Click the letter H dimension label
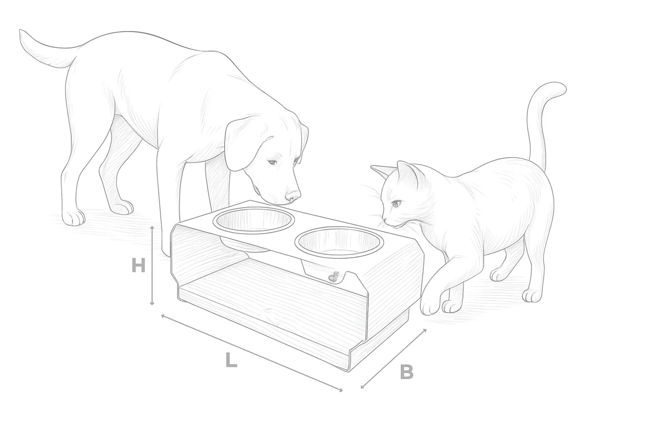[x=139, y=265]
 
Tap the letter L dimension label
[x=231, y=360]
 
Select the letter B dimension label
[x=406, y=372]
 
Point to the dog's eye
[x=272, y=162]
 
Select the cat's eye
[x=397, y=203]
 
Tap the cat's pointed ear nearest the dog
[x=381, y=172]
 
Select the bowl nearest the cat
[x=339, y=243]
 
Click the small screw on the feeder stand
[x=333, y=277]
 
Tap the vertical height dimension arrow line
[x=152, y=266]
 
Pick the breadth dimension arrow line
[x=394, y=358]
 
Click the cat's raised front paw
[x=430, y=305]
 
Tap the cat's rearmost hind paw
[x=532, y=296]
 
